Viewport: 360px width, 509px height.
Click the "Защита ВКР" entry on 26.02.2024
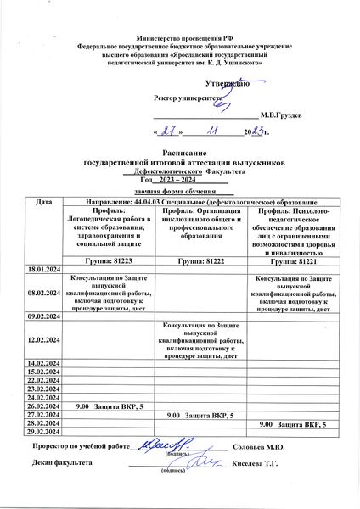tap(110, 407)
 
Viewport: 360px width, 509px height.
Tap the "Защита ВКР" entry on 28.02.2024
tap(293, 422)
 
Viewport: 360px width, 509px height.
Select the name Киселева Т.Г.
tap(259, 464)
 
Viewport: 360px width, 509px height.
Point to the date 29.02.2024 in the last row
tap(43, 430)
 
